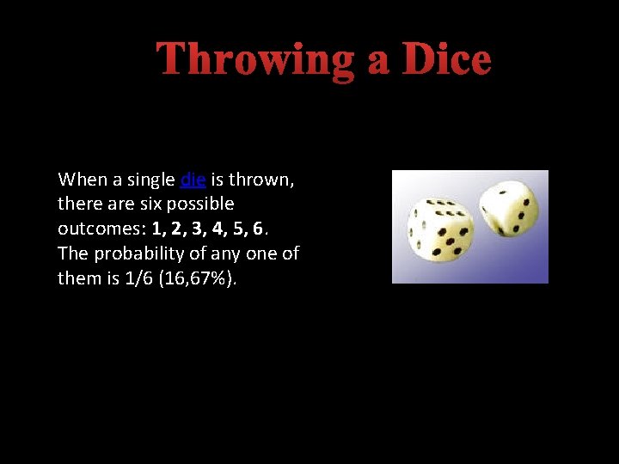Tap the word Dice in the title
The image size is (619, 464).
[446, 60]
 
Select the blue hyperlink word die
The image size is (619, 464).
[193, 180]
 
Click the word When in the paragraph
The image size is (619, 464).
[81, 180]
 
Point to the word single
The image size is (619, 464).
[151, 180]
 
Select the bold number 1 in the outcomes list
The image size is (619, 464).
[156, 229]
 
